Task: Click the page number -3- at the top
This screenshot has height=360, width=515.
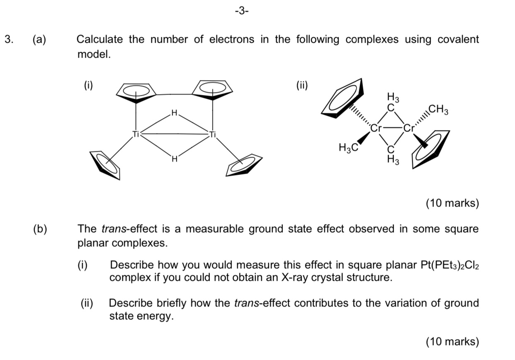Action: click(241, 11)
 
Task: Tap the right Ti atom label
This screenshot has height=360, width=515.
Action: click(213, 134)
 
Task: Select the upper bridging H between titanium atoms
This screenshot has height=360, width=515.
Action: click(174, 112)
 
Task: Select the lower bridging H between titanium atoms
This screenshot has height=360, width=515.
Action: click(175, 158)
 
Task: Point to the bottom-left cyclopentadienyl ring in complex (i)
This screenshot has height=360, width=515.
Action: click(106, 165)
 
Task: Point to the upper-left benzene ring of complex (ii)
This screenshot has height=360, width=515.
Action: click(345, 98)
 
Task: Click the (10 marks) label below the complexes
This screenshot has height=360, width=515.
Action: click(452, 203)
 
